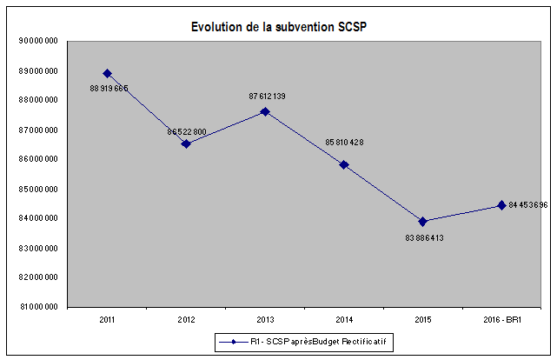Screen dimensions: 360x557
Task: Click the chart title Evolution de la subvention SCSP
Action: [278, 26]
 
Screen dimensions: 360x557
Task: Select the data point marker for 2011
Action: [107, 73]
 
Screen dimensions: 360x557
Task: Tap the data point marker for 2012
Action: [186, 143]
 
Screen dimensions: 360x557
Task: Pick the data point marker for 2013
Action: [265, 111]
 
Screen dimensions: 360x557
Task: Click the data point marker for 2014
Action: [344, 164]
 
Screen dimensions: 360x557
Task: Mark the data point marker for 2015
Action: [423, 221]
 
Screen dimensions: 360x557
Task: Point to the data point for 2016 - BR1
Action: [501, 205]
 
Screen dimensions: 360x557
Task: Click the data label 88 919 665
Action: [109, 88]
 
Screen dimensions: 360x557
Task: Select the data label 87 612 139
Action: [268, 96]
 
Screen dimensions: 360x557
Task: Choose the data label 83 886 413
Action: [426, 237]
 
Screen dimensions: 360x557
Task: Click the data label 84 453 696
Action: [528, 205]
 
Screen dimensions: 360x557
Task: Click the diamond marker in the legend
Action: [234, 344]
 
